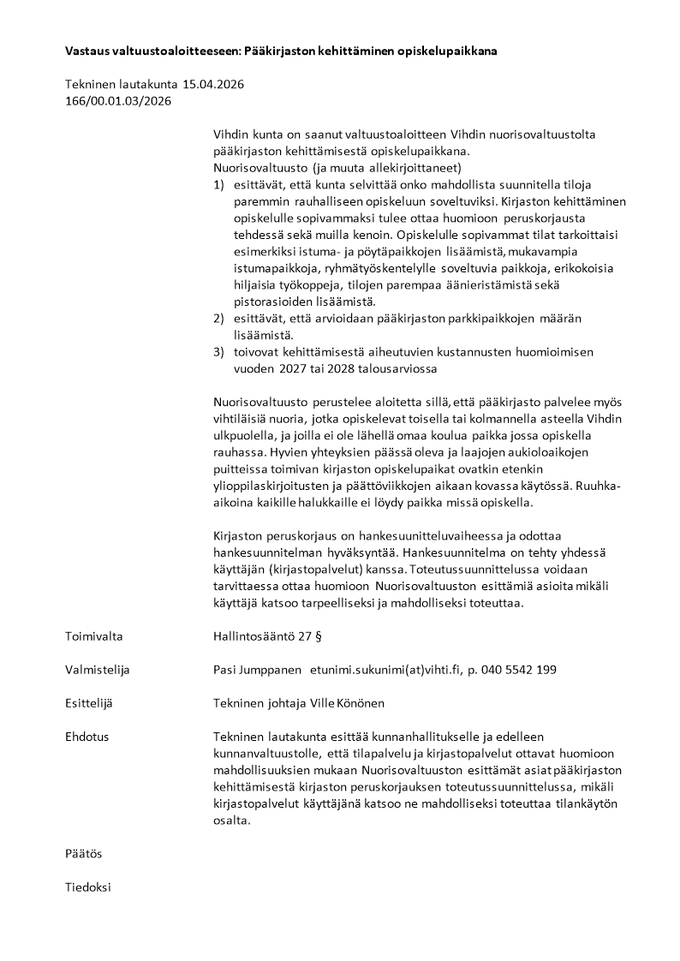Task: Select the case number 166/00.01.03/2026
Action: tap(118, 101)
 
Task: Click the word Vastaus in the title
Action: tap(86, 51)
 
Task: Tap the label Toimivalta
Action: tap(94, 636)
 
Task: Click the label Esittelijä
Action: tap(89, 703)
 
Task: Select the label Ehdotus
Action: tap(86, 737)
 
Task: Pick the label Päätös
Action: tap(83, 854)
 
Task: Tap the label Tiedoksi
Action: tap(88, 887)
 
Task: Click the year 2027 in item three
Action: tap(289, 369)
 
